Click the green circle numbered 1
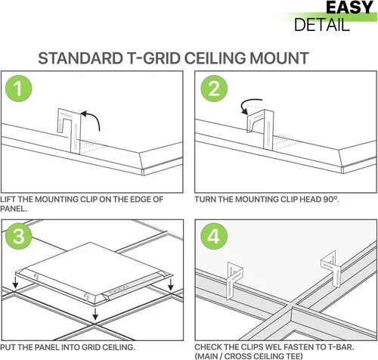[19, 88]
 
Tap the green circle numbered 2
[214, 88]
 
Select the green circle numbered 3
[19, 236]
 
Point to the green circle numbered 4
[214, 236]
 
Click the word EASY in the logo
[349, 8]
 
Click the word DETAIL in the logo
[322, 25]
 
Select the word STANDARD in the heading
[80, 58]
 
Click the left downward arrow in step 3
[15, 282]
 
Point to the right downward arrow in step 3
[171, 284]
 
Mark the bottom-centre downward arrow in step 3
[95, 314]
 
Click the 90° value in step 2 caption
[331, 199]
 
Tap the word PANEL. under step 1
[14, 209]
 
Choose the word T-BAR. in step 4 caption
[341, 347]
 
